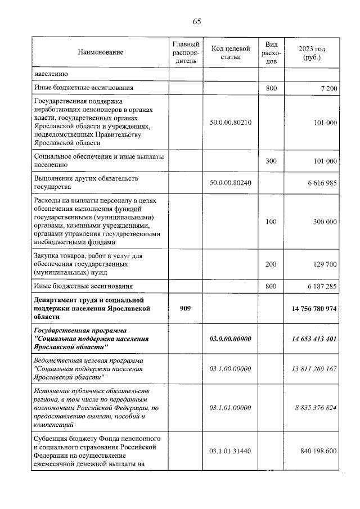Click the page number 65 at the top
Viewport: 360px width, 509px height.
197,21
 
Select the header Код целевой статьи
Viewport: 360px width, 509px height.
230,52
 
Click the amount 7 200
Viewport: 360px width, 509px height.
326,88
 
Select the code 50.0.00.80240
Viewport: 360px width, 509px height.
230,183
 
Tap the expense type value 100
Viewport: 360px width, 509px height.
271,222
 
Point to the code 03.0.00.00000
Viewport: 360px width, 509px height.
230,339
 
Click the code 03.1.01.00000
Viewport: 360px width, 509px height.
230,408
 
